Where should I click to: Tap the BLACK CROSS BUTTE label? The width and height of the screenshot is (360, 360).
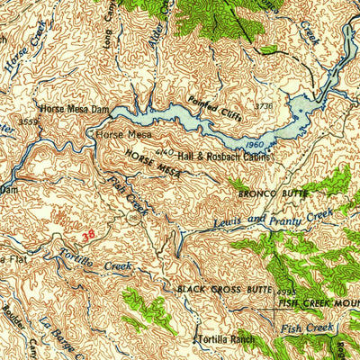[223, 289]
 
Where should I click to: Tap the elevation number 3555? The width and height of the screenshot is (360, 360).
[27, 118]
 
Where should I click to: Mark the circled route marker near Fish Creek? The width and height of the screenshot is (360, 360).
[133, 217]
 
